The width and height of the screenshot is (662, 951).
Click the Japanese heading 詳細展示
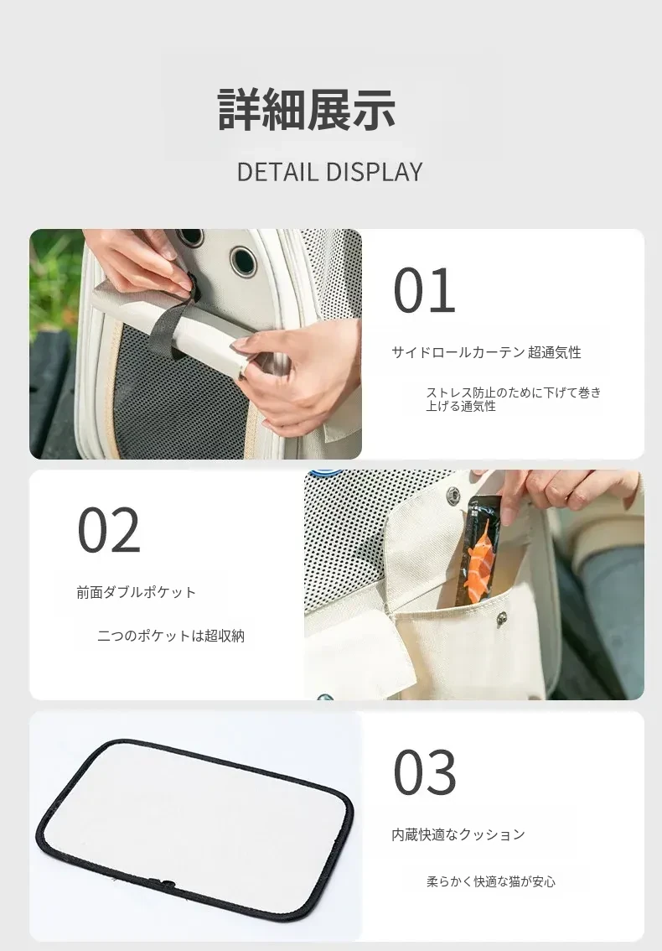[x=307, y=110]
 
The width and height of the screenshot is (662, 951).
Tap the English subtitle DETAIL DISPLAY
[x=329, y=172]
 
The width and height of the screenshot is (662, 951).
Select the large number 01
[x=424, y=291]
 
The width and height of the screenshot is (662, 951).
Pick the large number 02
[x=109, y=530]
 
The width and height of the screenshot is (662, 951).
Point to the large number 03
[x=424, y=772]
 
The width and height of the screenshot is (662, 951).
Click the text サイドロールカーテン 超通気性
[x=486, y=352]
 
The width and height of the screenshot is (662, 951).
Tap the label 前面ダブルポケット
[x=137, y=592]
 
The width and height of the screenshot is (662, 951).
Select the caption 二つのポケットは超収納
[x=171, y=636]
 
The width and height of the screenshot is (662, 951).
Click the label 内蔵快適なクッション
[x=458, y=834]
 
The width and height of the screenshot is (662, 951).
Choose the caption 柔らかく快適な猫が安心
[x=491, y=881]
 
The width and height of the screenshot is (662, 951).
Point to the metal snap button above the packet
[x=453, y=496]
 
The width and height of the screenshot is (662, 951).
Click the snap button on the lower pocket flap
[x=502, y=617]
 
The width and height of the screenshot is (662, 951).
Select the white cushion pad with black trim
[x=194, y=824]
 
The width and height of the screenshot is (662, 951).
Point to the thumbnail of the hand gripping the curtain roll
[x=196, y=344]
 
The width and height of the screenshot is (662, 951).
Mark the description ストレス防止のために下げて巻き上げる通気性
[x=513, y=399]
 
